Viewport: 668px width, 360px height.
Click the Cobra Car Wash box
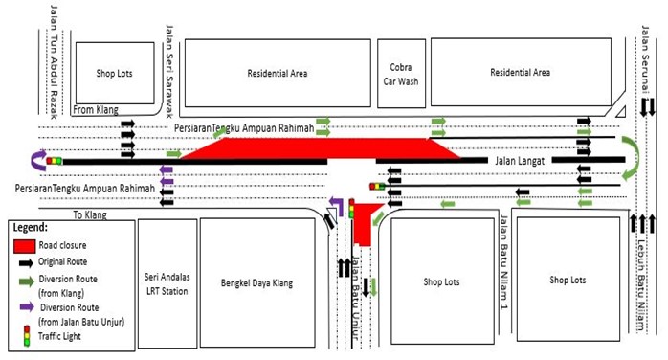pyautogui.click(x=401, y=73)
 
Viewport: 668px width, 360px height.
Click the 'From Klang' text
pyautogui.click(x=96, y=110)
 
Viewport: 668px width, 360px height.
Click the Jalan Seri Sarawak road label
pyautogui.click(x=170, y=57)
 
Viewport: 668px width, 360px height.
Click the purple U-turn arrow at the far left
pyautogui.click(x=37, y=160)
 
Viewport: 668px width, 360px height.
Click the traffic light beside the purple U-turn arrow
pyautogui.click(x=55, y=161)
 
